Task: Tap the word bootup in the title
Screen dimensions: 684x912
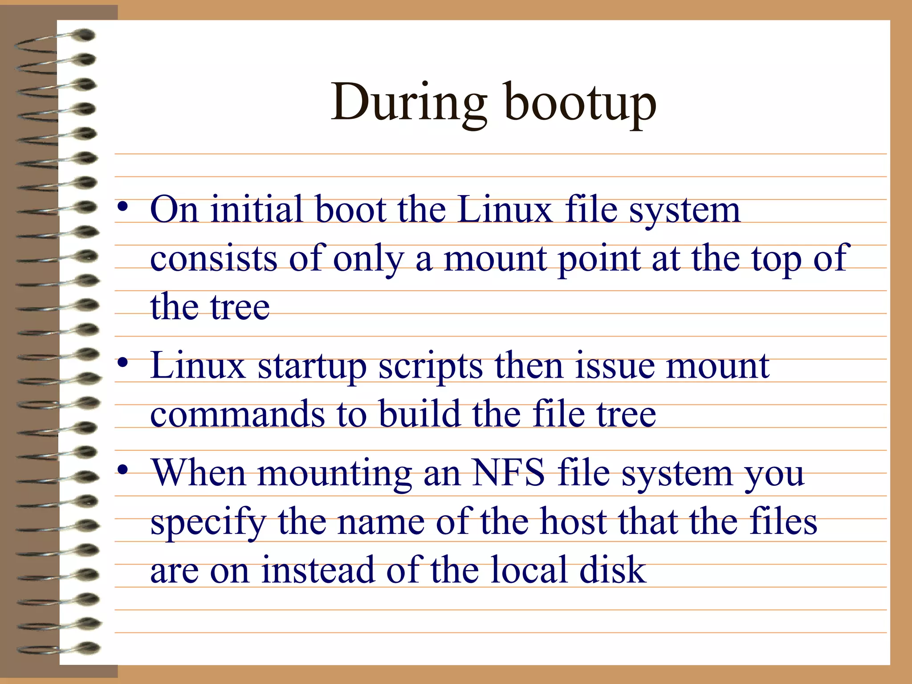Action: [x=581, y=105]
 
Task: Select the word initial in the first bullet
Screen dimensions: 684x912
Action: [x=256, y=209]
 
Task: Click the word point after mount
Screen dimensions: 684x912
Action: [x=599, y=260]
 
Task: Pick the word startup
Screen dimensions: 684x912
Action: [x=312, y=366]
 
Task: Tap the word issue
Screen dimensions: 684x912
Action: [x=615, y=366]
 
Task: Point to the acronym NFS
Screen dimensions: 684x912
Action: [x=508, y=472]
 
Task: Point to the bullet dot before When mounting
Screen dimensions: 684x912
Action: [x=123, y=469]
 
